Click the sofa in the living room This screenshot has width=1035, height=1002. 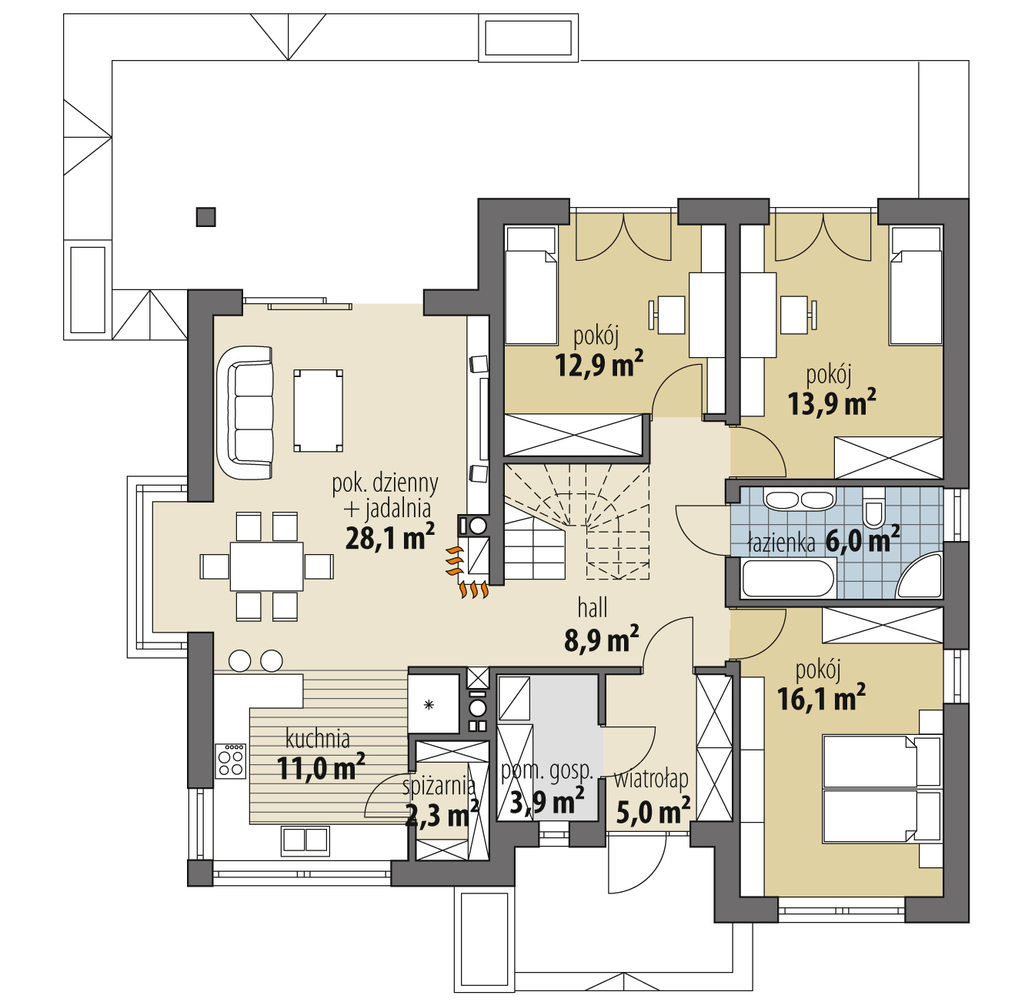[x=245, y=412]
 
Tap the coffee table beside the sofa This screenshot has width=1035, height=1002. [x=318, y=411]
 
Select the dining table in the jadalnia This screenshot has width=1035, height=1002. [x=266, y=566]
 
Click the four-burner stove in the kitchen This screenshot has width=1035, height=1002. [x=231, y=761]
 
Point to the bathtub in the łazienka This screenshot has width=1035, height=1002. [x=788, y=578]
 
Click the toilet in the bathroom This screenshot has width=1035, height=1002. [x=873, y=509]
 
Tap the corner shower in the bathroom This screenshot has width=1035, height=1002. [x=920, y=576]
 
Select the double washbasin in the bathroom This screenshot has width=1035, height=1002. [x=800, y=499]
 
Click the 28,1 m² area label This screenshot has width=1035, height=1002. [x=390, y=537]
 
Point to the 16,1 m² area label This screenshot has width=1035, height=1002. [x=821, y=698]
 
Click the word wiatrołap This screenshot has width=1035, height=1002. [x=651, y=779]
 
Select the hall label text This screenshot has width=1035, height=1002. [x=592, y=608]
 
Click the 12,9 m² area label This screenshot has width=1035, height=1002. [x=599, y=364]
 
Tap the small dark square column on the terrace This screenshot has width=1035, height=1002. [x=205, y=217]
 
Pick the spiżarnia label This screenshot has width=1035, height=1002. [x=439, y=786]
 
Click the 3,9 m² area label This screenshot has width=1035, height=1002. [x=547, y=802]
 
